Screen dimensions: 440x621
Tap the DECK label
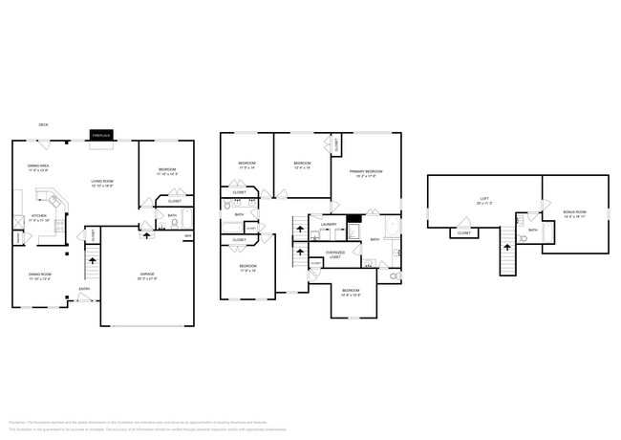click(44, 124)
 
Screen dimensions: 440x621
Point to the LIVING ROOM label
click(102, 183)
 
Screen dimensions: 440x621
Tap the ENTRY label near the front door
click(83, 289)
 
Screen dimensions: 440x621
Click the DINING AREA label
click(38, 167)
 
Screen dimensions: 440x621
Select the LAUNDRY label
click(329, 226)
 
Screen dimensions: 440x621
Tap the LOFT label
click(484, 200)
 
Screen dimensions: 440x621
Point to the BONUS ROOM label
click(575, 213)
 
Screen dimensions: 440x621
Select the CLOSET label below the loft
click(463, 232)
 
